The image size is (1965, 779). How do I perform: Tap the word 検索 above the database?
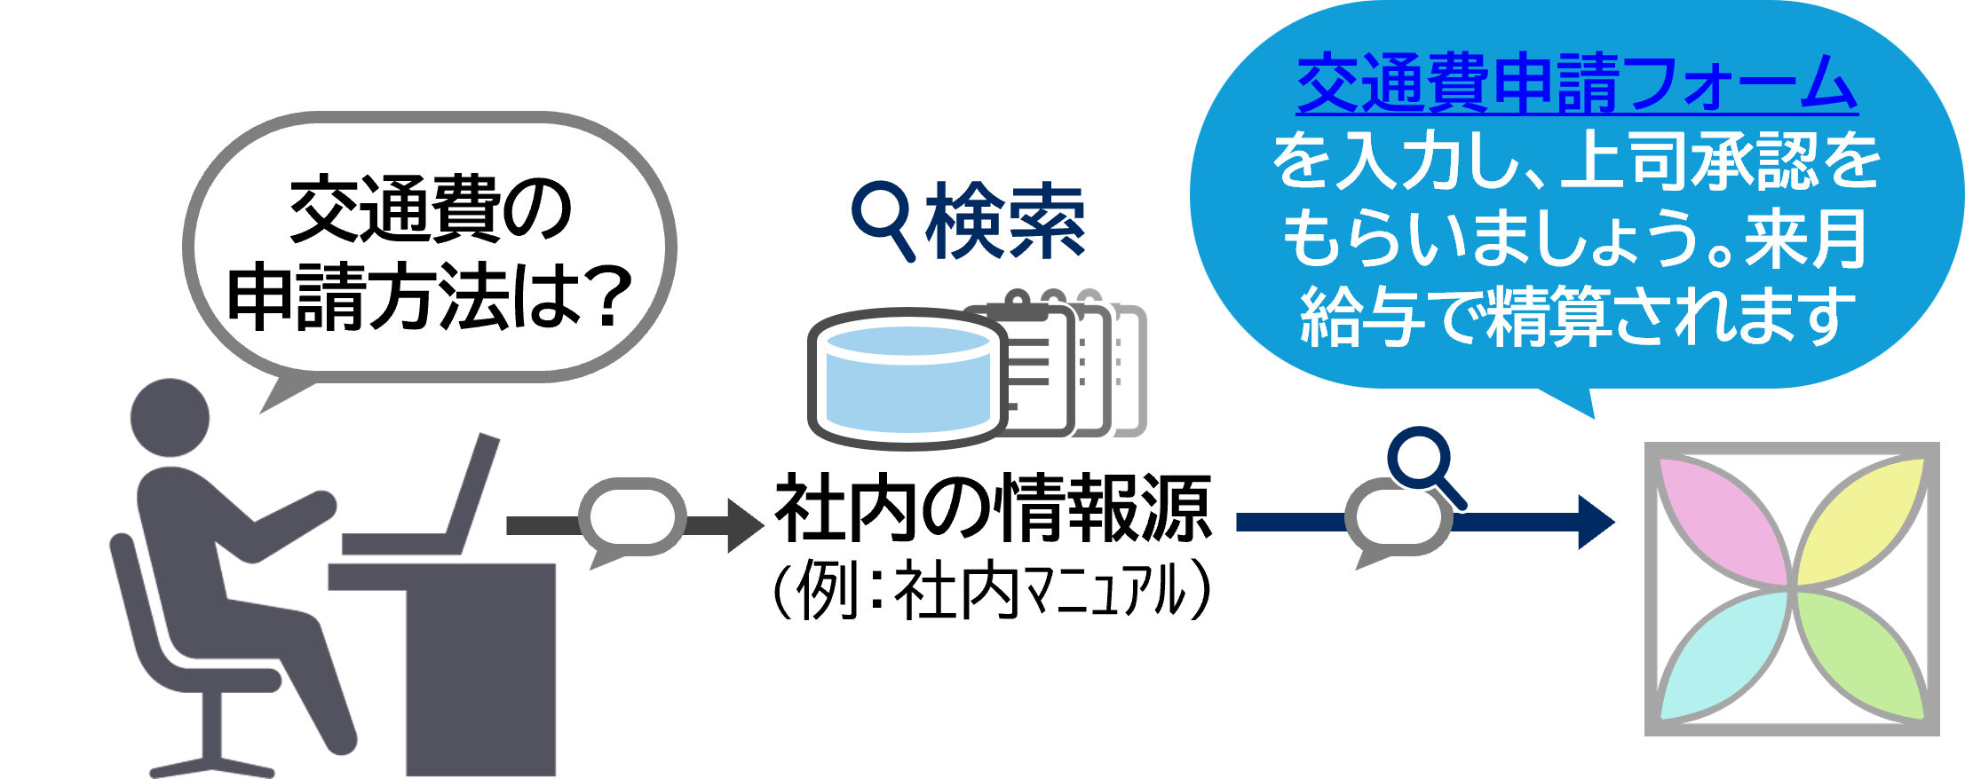click(1005, 222)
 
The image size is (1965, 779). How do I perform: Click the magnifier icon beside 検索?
click(883, 217)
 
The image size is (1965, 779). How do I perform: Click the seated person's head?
click(170, 417)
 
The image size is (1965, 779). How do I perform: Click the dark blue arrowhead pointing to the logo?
click(1596, 522)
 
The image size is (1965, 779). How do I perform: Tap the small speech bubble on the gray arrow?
click(631, 518)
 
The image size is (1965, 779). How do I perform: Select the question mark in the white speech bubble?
click(607, 297)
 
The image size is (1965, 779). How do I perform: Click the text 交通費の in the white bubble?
click(430, 210)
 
